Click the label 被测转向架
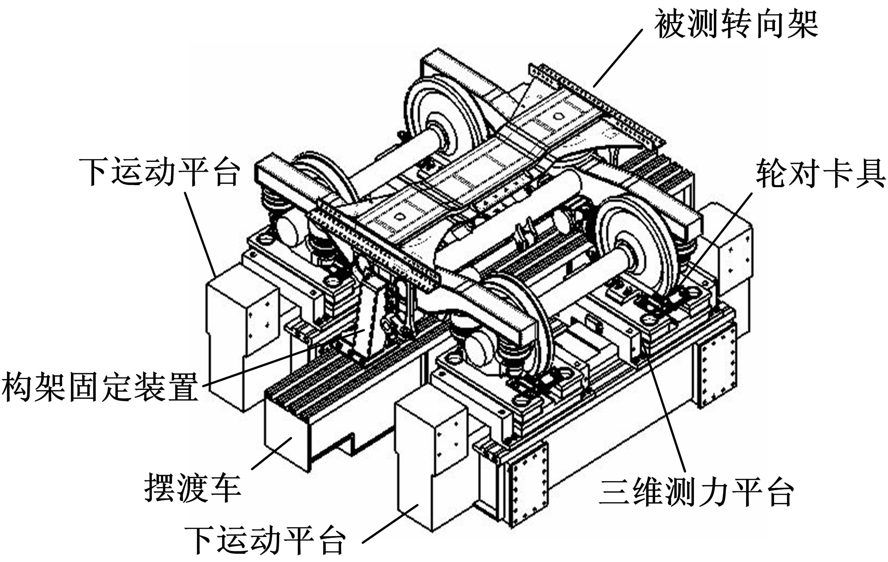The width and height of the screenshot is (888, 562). click(736, 25)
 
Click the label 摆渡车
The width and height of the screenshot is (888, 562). click(192, 488)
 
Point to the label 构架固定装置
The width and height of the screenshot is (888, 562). click(100, 386)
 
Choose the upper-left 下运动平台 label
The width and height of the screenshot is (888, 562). click(159, 171)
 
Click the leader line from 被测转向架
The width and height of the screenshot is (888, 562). click(618, 58)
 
